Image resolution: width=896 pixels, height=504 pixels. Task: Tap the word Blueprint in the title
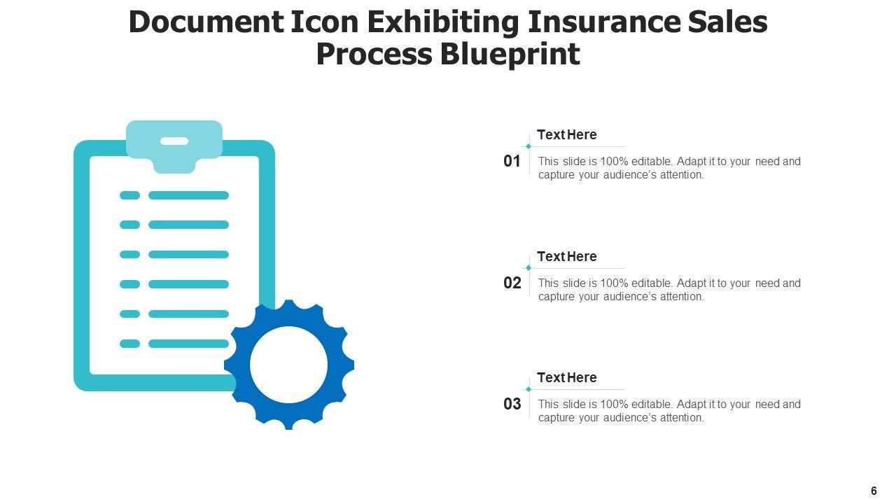tap(510, 54)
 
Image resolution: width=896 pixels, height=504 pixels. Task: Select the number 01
tap(512, 162)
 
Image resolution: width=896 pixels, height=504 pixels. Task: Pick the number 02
tap(512, 283)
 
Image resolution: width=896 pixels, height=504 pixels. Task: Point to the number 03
tap(512, 405)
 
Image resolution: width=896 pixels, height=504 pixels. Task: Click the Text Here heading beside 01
tap(567, 135)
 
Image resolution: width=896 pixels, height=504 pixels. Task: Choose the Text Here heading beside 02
tap(567, 257)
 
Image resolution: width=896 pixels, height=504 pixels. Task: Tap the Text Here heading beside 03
tap(567, 378)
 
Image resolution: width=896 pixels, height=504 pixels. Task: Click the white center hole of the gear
tap(288, 365)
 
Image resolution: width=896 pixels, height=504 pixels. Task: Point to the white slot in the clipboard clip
tap(174, 141)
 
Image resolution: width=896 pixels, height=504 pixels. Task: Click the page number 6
tap(874, 491)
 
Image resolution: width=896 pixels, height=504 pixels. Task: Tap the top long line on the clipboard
tap(188, 195)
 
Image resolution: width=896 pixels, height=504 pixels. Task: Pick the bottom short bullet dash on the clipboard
tap(129, 344)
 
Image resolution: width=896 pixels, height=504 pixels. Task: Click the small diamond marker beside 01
tap(528, 146)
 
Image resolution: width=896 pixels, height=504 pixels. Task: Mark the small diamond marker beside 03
tap(528, 389)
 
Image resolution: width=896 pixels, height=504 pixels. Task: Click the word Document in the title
tap(206, 22)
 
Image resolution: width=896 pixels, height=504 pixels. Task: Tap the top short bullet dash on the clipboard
tap(129, 195)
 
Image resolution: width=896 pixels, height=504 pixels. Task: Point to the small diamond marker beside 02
tap(528, 268)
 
